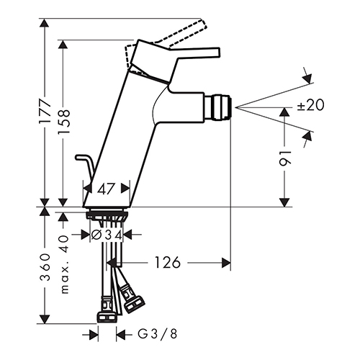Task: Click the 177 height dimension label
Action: click(x=45, y=111)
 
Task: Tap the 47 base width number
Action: click(x=106, y=189)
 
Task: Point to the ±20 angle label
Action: click(x=310, y=105)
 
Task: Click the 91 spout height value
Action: click(x=284, y=158)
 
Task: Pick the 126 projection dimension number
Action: click(x=167, y=262)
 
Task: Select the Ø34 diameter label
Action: click(x=107, y=235)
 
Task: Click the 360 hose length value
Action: click(x=45, y=267)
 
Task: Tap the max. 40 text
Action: click(x=64, y=264)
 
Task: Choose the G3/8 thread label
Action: click(x=157, y=333)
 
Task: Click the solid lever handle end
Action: click(x=218, y=52)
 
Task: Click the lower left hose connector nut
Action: click(x=107, y=317)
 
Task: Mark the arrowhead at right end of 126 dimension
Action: click(x=226, y=263)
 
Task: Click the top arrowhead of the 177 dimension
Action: click(x=45, y=22)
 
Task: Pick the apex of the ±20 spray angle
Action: click(x=235, y=107)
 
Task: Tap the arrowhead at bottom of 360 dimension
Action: click(x=45, y=319)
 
